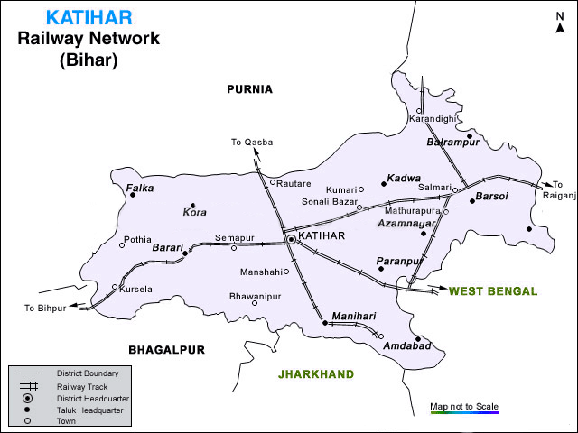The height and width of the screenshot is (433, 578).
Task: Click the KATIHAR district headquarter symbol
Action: (x=291, y=239)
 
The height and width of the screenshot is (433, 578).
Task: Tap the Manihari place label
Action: (x=353, y=315)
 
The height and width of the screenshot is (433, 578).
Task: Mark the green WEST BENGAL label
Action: (x=493, y=290)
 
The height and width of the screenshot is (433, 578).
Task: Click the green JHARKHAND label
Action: (x=316, y=373)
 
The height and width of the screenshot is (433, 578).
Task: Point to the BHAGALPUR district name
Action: (x=167, y=349)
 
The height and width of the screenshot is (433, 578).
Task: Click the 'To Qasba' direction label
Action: (x=251, y=143)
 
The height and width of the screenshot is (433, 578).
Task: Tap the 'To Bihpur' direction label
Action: (x=46, y=309)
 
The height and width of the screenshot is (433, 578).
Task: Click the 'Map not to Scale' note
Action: (x=464, y=406)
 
